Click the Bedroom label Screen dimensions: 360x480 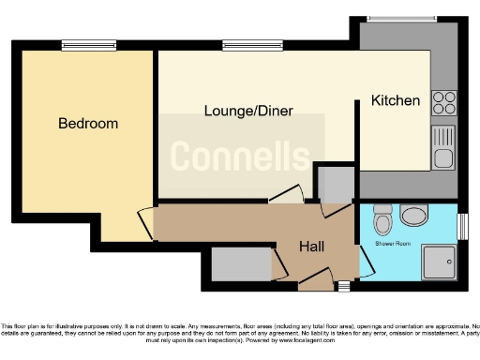(88, 124)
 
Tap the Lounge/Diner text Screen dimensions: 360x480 (248, 111)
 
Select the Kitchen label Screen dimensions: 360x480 (396, 100)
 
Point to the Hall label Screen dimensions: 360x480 (311, 247)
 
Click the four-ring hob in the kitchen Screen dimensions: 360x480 (443, 102)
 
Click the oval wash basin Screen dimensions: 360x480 (413, 217)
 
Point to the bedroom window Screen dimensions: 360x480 (89, 44)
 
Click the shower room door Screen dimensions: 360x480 (366, 259)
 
